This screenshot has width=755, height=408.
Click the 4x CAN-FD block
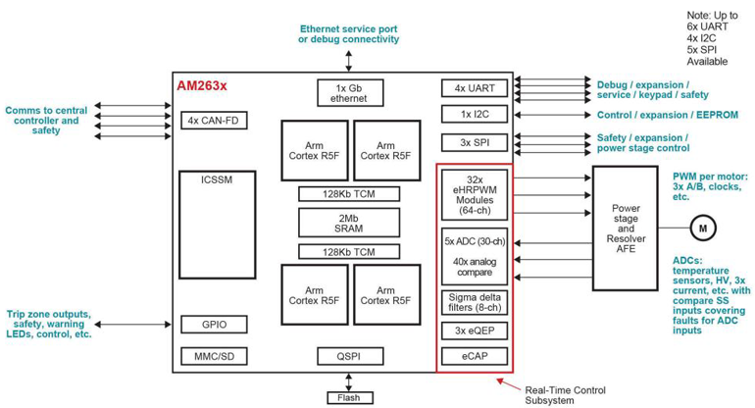point(213,121)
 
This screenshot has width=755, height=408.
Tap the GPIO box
point(213,325)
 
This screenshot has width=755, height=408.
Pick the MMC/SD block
point(213,355)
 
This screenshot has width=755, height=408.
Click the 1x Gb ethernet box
point(350,92)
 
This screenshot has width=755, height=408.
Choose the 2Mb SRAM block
point(350,223)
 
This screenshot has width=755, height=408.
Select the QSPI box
point(350,355)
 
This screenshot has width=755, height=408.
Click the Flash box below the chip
point(350,397)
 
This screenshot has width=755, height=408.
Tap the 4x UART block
point(475,88)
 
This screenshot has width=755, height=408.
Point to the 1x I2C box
point(475,115)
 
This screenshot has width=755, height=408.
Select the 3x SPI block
point(475,141)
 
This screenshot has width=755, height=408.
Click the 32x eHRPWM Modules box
point(475,194)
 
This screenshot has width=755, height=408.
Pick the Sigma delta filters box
point(475,302)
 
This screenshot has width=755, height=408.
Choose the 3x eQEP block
point(475,331)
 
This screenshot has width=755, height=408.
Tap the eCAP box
point(475,357)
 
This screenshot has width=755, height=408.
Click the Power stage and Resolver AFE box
point(625,228)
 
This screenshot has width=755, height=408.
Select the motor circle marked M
point(702,229)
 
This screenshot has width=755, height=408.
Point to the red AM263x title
point(201,85)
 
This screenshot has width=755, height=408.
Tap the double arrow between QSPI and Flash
point(350,381)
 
